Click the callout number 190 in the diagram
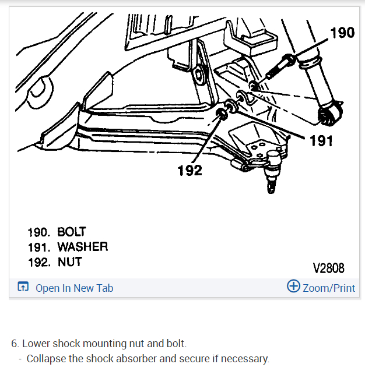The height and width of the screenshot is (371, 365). pos(342,33)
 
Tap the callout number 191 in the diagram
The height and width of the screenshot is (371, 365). pos(321,140)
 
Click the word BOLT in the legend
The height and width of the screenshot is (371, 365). pos(71,231)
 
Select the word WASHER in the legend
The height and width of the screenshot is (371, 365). pos(82,246)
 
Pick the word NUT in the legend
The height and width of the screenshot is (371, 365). pos(69,262)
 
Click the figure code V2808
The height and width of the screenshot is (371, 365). pos(329,268)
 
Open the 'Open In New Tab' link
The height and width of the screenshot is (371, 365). pos(74,288)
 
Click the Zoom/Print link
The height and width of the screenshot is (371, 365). pos(329,288)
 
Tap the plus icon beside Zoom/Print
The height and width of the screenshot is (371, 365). pos(293,287)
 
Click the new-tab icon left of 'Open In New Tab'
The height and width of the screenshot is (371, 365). pos(23,287)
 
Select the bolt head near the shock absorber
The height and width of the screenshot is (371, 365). pos(289,59)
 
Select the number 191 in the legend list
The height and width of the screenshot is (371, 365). pos(40,246)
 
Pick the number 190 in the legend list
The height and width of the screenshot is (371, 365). pos(40,231)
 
